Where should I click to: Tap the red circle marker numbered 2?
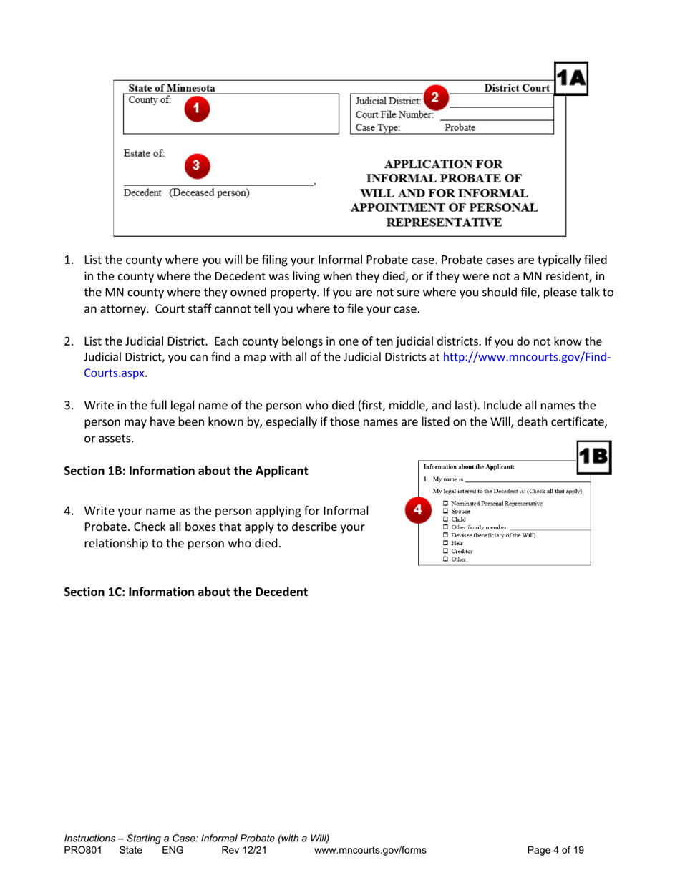434,97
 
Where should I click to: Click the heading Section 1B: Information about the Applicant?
186,471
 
